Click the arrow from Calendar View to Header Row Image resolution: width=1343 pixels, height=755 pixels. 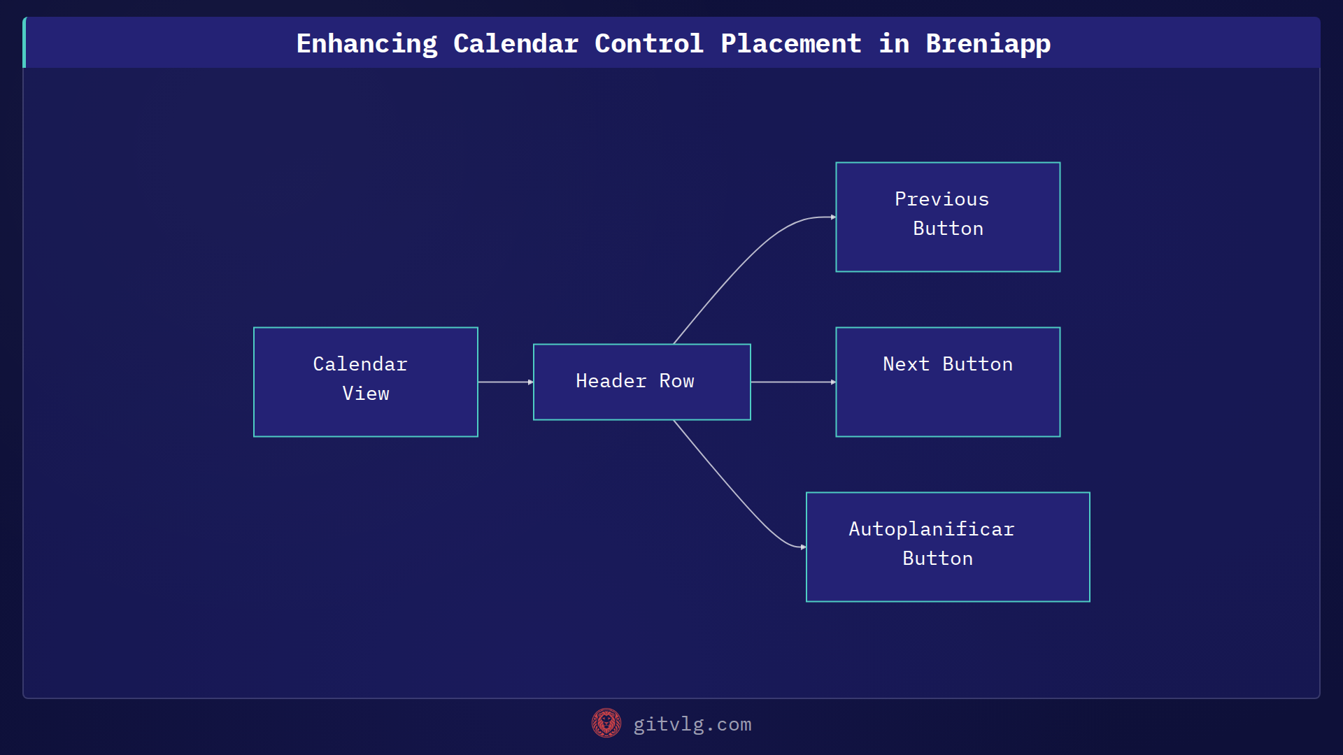(x=505, y=382)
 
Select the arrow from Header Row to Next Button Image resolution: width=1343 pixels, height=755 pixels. (x=793, y=382)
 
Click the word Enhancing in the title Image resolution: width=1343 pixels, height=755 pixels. (x=367, y=43)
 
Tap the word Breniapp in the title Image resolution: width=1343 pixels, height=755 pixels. (x=988, y=43)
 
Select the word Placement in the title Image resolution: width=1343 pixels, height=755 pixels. (x=790, y=43)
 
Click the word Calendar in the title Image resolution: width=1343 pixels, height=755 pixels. (x=516, y=43)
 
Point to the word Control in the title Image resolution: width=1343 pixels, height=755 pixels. (x=648, y=43)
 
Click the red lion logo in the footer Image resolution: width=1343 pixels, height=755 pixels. (x=606, y=723)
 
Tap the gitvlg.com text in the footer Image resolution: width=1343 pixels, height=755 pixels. (x=692, y=724)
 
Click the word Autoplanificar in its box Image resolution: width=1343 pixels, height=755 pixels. (x=931, y=529)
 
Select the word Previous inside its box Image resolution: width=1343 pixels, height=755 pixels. (x=941, y=199)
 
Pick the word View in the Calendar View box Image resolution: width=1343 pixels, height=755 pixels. (x=365, y=394)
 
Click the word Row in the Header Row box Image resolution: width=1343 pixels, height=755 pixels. (x=676, y=381)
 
